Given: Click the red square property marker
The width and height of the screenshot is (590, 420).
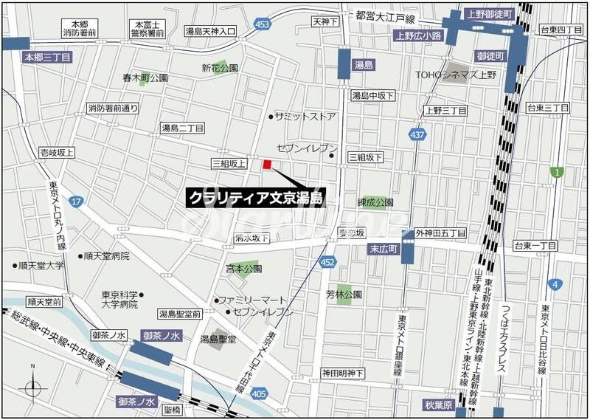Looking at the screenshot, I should point(267,165).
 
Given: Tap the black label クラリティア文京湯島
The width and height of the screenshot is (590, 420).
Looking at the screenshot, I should point(255,198).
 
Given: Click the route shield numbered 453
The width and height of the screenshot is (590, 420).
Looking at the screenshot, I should point(262,24).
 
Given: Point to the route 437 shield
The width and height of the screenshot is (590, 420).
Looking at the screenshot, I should point(417,134).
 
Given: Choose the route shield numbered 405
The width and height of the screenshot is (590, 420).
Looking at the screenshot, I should point(259,395).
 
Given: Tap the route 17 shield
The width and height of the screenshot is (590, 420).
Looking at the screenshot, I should point(77,201).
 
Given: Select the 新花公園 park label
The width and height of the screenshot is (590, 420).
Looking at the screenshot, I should point(220,68).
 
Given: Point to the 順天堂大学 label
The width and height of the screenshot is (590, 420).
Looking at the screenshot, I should point(42,266).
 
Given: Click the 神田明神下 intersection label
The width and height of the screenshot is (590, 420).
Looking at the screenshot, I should point(342,373).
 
